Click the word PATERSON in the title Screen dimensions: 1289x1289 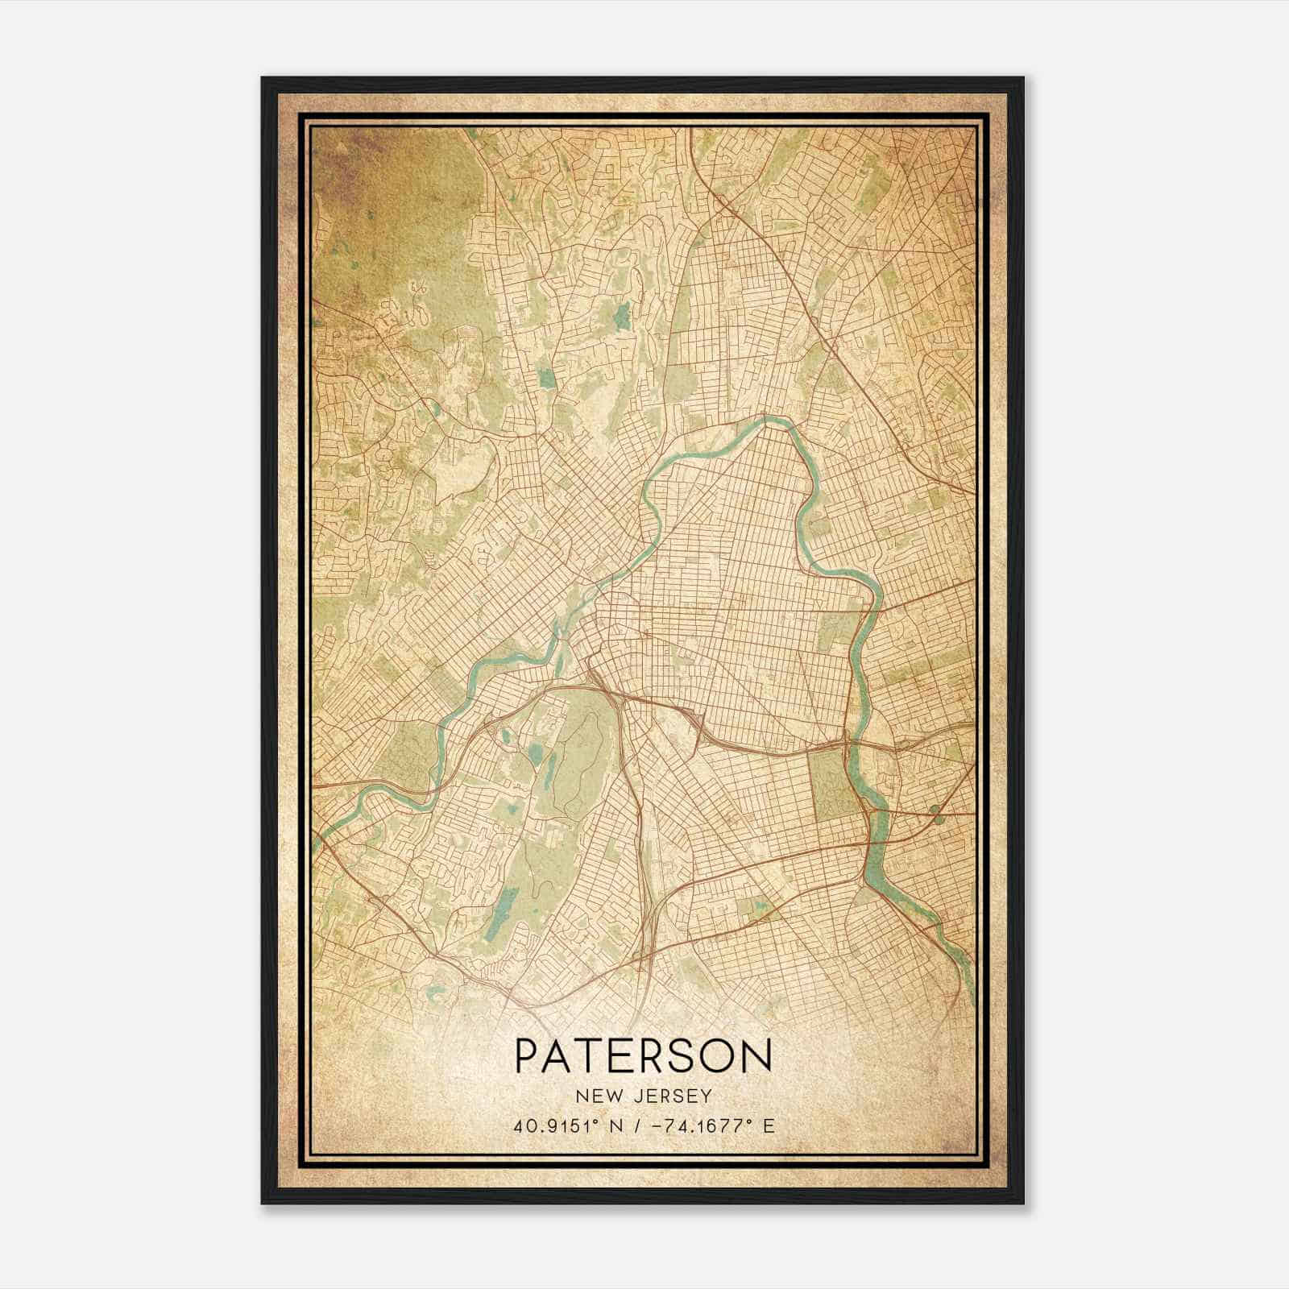[x=643, y=1055]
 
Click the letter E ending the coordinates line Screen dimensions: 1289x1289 [x=769, y=1125]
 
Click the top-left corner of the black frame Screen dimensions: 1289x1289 [x=263, y=78]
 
